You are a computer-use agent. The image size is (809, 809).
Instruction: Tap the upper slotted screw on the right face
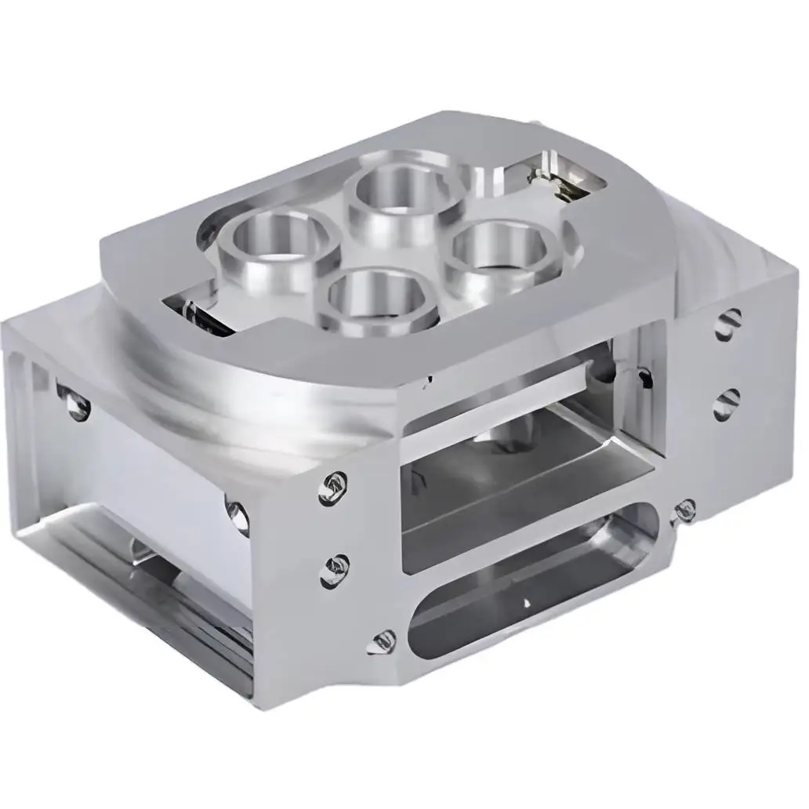coord(728,322)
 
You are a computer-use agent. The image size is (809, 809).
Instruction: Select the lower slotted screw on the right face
coord(727,402)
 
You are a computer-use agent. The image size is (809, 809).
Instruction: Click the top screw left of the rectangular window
coord(332,488)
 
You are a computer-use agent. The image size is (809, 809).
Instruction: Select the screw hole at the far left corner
coord(74,403)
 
